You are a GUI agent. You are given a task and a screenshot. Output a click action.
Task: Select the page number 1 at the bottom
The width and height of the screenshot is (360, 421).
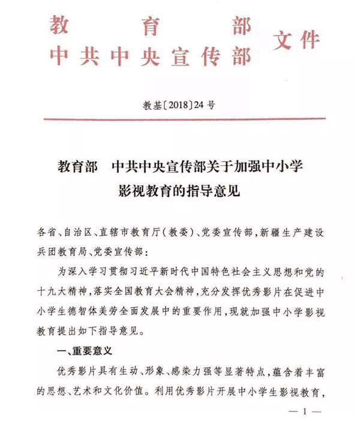point(306,412)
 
